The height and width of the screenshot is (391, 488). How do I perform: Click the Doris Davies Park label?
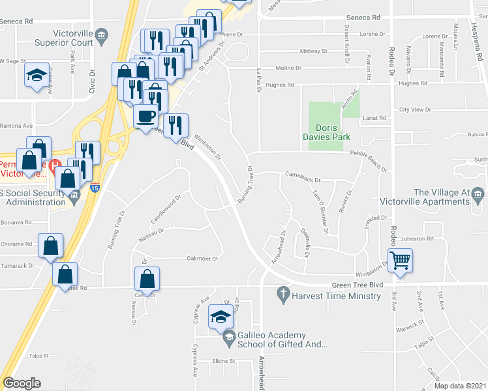coord(327,132)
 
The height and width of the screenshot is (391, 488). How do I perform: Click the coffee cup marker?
coord(145,116)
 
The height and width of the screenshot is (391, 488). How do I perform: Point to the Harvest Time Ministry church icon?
coord(283,295)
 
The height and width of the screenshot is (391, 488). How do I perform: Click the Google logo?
coord(22,383)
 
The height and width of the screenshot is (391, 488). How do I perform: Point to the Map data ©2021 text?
coord(459,386)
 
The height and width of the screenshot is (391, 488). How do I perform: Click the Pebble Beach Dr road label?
coord(369,153)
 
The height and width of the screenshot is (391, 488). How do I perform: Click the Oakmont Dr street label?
coord(202,258)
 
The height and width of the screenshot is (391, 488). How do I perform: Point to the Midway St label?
coord(313,51)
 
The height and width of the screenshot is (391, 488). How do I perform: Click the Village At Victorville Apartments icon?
coord(480,195)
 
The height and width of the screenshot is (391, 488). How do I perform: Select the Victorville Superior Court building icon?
coord(101,36)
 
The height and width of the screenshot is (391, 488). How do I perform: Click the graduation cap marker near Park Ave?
coord(37,75)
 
